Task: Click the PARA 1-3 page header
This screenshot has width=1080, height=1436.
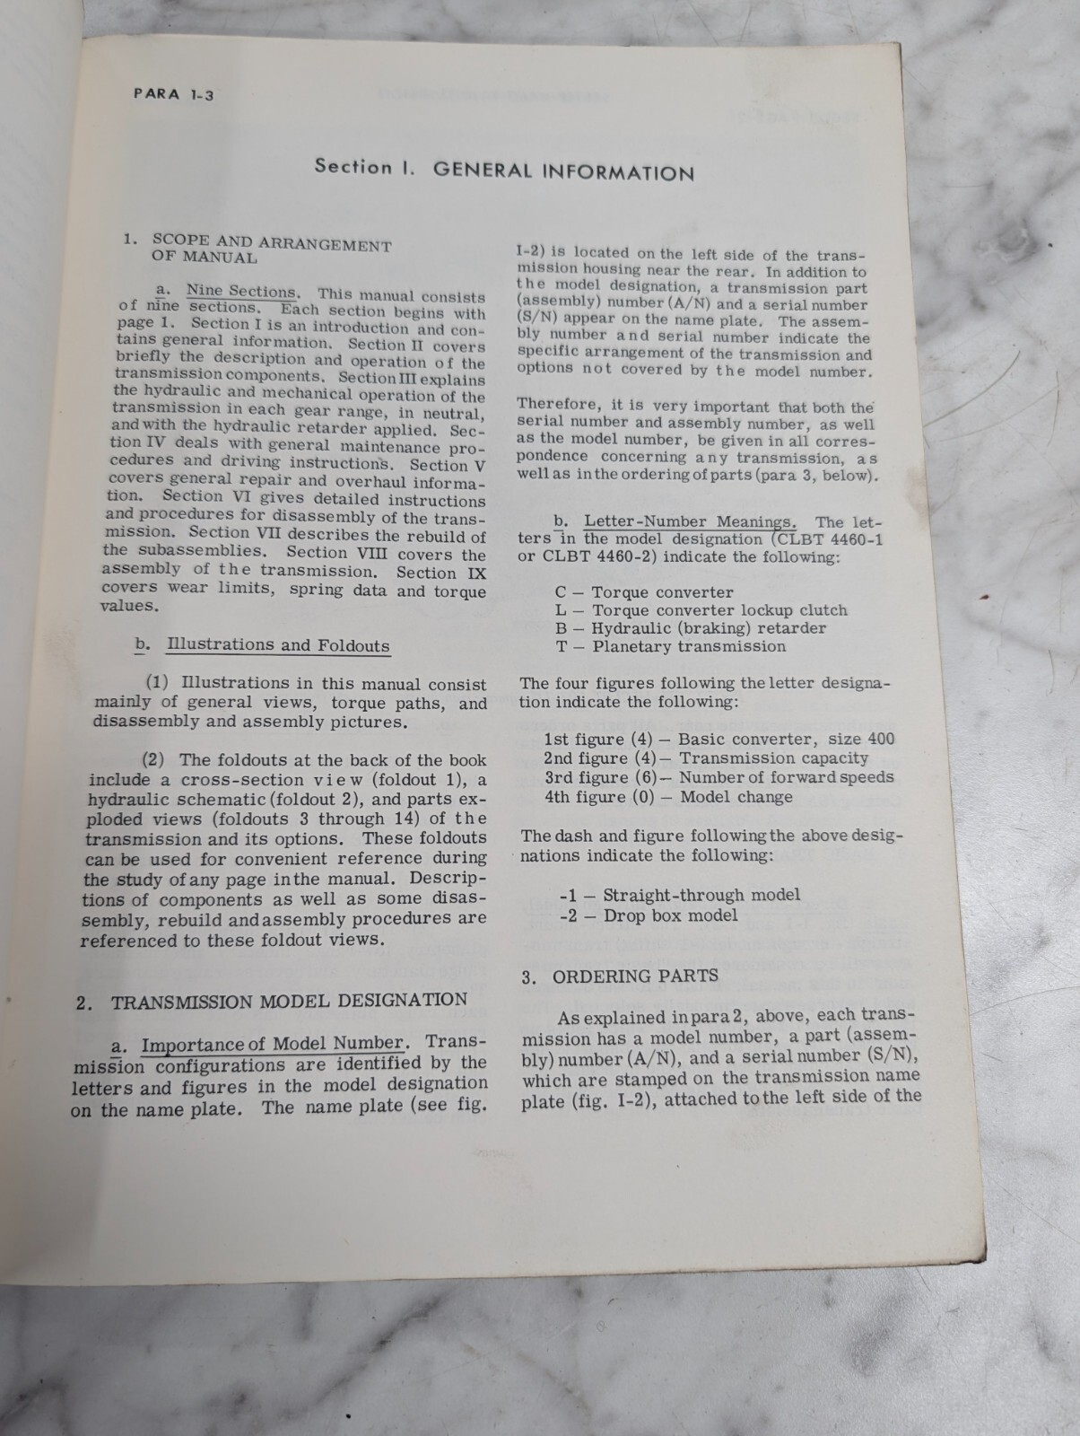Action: click(x=173, y=94)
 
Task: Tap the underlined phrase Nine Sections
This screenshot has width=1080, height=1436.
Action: click(x=240, y=292)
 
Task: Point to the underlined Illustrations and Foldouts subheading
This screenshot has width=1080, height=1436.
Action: click(x=278, y=645)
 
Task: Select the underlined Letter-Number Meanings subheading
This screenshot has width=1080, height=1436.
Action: click(x=689, y=521)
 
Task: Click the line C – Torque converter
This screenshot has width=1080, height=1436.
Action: click(x=644, y=592)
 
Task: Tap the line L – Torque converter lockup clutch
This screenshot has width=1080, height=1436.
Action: click(x=701, y=610)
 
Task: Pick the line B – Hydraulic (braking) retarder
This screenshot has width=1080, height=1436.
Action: click(x=690, y=628)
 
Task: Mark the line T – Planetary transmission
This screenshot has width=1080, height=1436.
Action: click(x=670, y=646)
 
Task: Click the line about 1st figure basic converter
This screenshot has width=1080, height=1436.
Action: click(x=719, y=740)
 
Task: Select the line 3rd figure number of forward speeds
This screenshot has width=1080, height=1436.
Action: click(x=719, y=777)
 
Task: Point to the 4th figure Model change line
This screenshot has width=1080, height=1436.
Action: click(x=668, y=797)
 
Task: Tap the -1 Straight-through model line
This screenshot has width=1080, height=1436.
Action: click(x=679, y=895)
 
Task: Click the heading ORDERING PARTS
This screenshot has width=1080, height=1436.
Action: click(x=634, y=976)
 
